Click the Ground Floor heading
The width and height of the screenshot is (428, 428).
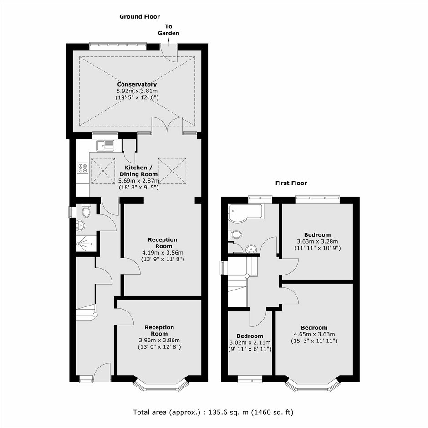coord(139,17)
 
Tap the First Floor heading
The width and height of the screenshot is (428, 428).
coord(291,183)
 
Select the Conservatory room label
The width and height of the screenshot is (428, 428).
coord(137,84)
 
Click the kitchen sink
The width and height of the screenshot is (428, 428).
coord(105,145)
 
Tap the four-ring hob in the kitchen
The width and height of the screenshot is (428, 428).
coord(82,168)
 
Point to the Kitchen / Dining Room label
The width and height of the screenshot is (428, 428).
coord(139,171)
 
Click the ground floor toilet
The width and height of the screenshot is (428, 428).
coord(86,211)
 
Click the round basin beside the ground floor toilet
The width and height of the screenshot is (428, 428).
coord(81,225)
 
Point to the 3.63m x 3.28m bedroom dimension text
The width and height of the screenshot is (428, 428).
coord(317,241)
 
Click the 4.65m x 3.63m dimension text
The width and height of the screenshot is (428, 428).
coord(314,334)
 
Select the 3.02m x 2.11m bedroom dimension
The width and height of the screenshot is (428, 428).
coord(250,342)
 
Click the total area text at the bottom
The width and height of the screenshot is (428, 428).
coord(213,412)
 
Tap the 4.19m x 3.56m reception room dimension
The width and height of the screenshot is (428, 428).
coord(163,253)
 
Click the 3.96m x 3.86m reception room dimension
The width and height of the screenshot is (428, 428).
coord(159,340)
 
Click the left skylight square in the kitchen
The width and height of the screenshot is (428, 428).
coord(103,171)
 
